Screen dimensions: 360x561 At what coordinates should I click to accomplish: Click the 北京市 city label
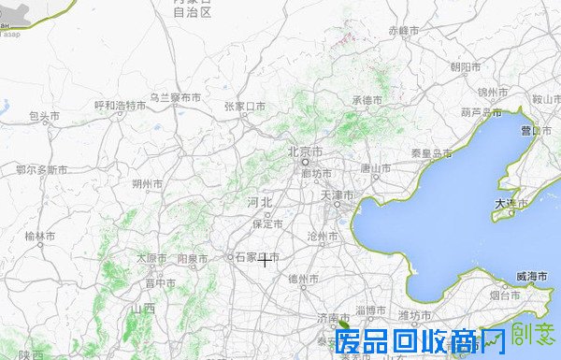pyautogui.click(x=305, y=151)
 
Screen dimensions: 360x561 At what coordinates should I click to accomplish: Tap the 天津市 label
pyautogui.click(x=338, y=195)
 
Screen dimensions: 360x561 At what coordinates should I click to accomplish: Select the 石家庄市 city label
pyautogui.click(x=256, y=257)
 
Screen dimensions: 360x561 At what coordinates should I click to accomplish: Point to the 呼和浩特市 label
pyautogui.click(x=121, y=106)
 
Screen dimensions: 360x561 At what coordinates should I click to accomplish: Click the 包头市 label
pyautogui.click(x=44, y=117)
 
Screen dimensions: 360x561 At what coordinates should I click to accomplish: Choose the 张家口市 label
pyautogui.click(x=245, y=106)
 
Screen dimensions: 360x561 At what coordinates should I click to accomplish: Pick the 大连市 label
pyautogui.click(x=511, y=203)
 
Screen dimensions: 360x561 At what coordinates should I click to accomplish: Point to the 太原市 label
pyautogui.click(x=152, y=258)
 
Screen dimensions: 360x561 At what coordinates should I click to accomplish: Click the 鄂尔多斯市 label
pyautogui.click(x=42, y=170)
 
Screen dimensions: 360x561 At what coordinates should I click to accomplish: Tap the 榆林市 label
pyautogui.click(x=40, y=236)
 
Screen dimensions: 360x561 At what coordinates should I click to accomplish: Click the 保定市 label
pyautogui.click(x=267, y=223)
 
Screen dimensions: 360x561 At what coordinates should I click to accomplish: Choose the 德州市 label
pyautogui.click(x=304, y=279)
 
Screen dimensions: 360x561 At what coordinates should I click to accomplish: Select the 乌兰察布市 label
pyautogui.click(x=176, y=97)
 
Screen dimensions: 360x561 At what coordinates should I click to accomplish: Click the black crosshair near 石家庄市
pyautogui.click(x=266, y=260)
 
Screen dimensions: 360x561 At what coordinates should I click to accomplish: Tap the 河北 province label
pyautogui.click(x=259, y=202)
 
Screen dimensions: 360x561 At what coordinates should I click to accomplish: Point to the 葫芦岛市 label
pyautogui.click(x=482, y=112)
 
